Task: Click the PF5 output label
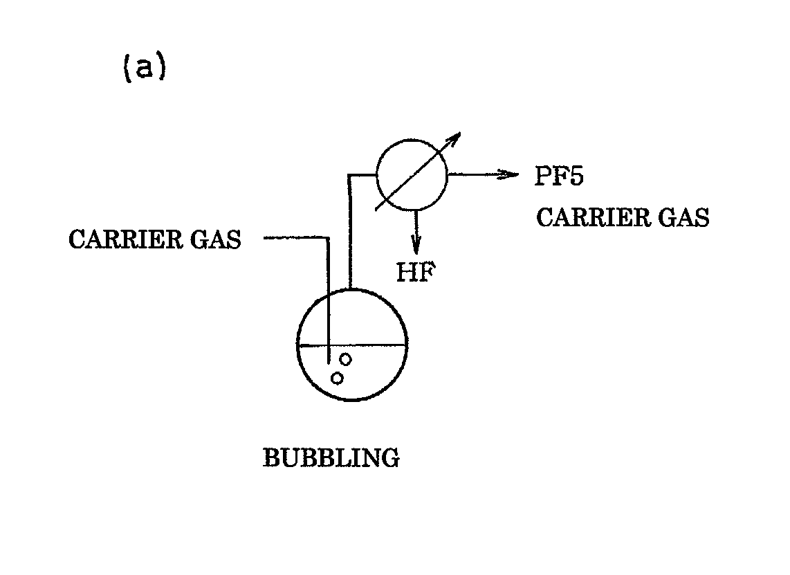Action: tap(559, 176)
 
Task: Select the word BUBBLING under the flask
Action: tap(331, 458)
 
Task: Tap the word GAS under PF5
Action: tap(682, 218)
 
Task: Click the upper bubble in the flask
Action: tap(345, 359)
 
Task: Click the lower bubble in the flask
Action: tap(337, 378)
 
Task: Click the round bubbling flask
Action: tap(351, 346)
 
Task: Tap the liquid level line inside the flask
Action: tap(374, 345)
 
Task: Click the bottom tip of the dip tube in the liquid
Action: tap(328, 360)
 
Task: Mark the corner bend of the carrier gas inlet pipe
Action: tap(327, 238)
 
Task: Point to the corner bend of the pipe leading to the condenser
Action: tap(351, 176)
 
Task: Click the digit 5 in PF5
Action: tap(576, 176)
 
